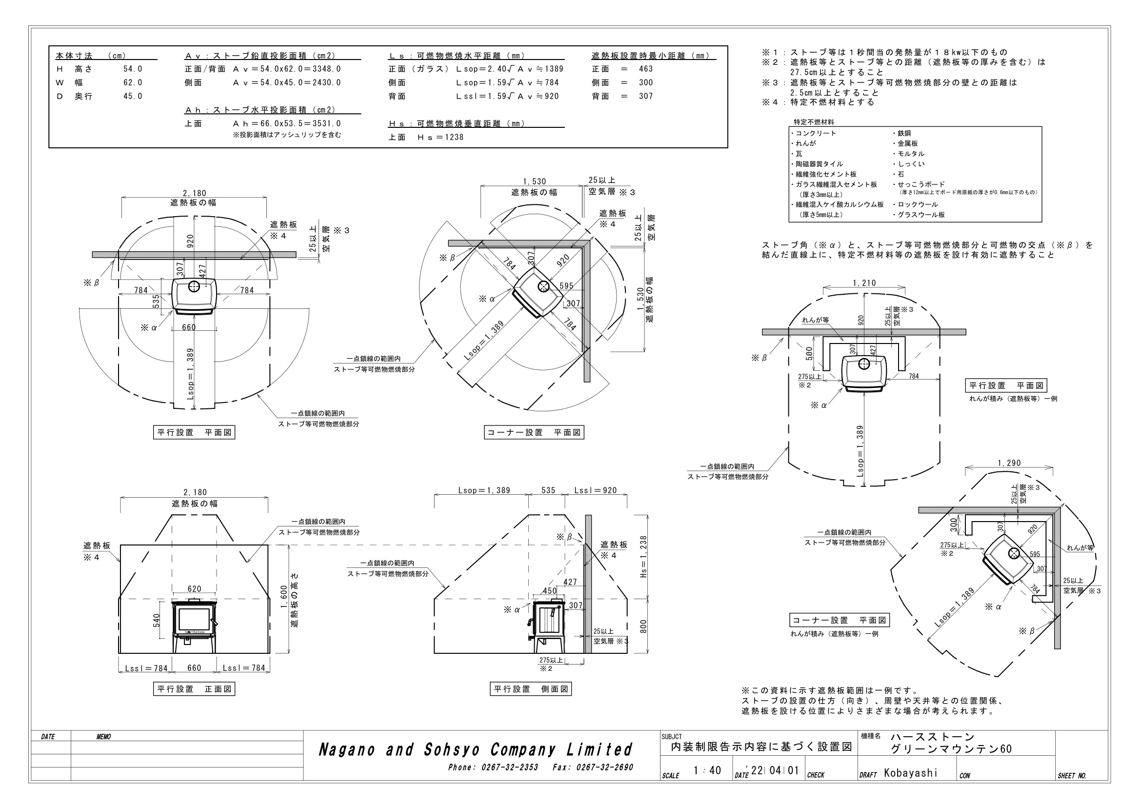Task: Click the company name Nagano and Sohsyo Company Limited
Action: click(x=475, y=750)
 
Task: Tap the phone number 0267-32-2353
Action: click(x=509, y=768)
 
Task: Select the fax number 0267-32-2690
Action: click(x=604, y=768)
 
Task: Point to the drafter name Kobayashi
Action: click(x=910, y=773)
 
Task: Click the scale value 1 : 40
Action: click(x=707, y=770)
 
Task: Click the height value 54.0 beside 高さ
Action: click(x=133, y=69)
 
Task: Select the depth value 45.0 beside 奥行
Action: click(x=133, y=97)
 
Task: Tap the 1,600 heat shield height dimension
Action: click(x=284, y=599)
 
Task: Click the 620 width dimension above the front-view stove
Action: click(x=194, y=589)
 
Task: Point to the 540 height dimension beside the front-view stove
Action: click(x=157, y=620)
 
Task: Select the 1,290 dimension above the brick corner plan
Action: click(x=1009, y=463)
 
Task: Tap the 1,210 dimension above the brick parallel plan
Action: click(x=864, y=283)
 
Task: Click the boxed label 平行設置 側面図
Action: click(x=531, y=689)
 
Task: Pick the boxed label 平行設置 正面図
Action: click(x=194, y=689)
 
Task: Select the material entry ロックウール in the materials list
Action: click(x=918, y=204)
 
